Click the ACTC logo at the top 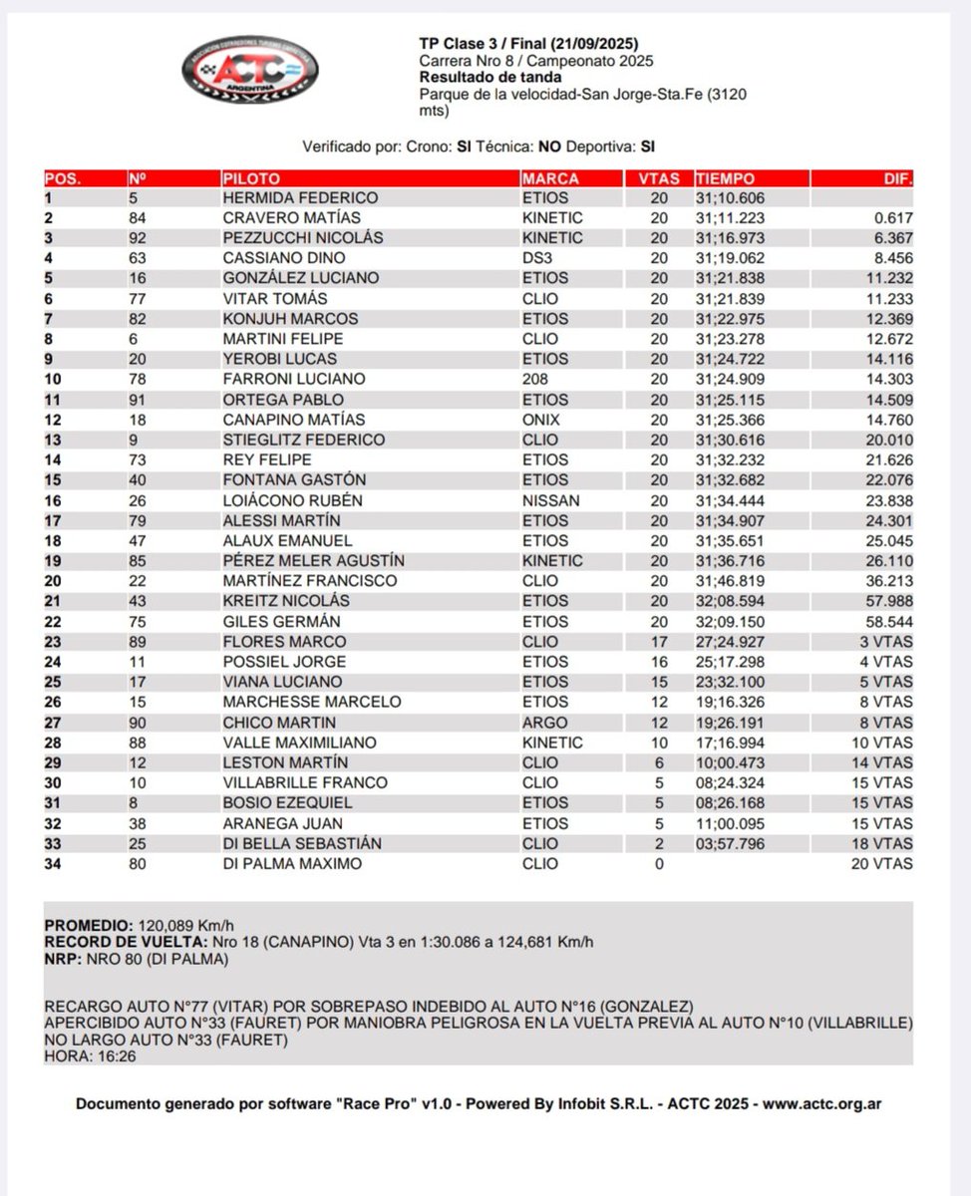[249, 70]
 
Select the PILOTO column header [251, 179]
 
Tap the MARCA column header [549, 179]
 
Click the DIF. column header [897, 179]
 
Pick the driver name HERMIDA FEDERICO [300, 198]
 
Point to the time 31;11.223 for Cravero [736, 218]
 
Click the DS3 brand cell [536, 258]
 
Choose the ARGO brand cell [543, 723]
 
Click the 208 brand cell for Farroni [535, 379]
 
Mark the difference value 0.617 [893, 218]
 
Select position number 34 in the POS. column [54, 864]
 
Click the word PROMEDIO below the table [87, 924]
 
